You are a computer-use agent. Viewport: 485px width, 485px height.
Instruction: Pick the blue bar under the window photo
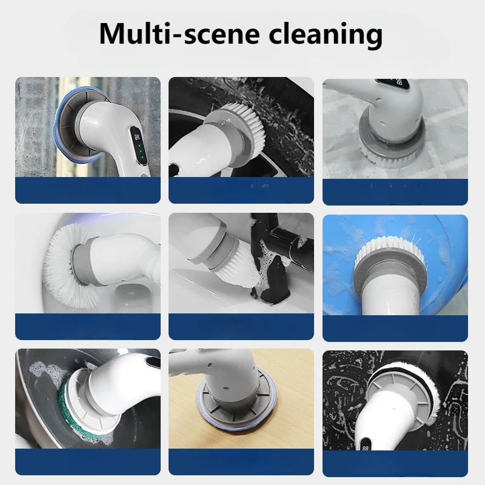point(87,190)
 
